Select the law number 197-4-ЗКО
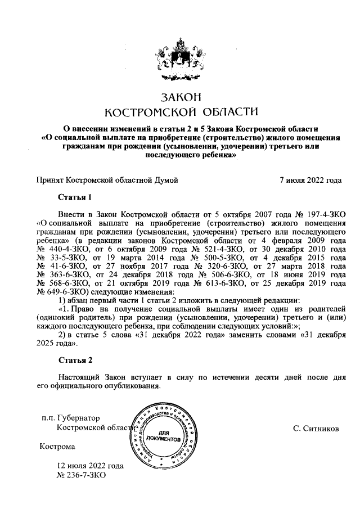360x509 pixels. click(x=322, y=215)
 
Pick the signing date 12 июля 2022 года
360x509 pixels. click(x=90, y=466)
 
